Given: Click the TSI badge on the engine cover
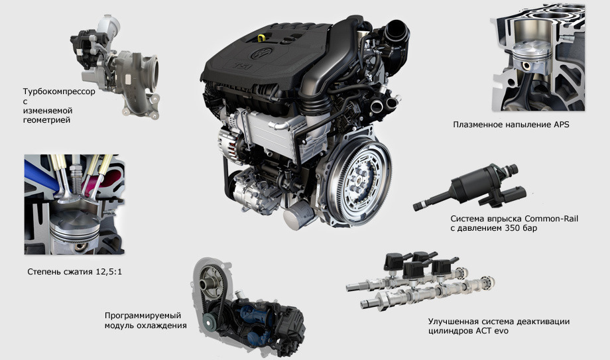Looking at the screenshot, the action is [242, 66].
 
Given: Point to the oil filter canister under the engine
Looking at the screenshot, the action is [300, 215].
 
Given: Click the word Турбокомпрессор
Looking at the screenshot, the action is [59, 92].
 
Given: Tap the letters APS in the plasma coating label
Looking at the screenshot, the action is [561, 125].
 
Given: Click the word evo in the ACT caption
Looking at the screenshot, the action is [501, 331].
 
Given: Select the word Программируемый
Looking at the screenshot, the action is [143, 316].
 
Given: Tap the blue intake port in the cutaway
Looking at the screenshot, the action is [40, 174].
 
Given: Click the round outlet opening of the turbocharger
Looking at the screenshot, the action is [153, 73].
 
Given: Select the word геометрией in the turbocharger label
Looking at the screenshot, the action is [46, 120].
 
